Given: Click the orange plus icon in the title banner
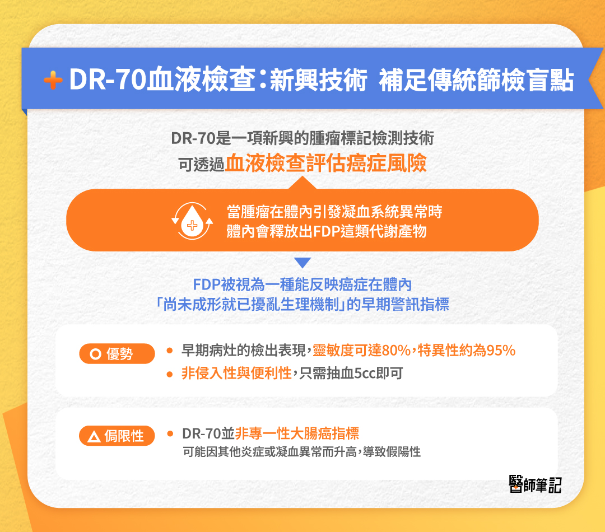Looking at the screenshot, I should [53, 81].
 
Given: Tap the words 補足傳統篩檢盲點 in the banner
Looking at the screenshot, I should [476, 81].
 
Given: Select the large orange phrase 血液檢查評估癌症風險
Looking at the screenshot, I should [326, 162].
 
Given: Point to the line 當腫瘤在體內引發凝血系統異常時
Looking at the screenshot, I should [334, 212].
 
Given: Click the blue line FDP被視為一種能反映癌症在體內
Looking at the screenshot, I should [302, 284].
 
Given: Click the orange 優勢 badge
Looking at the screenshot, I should [117, 353].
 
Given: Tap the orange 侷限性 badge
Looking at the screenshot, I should [117, 435].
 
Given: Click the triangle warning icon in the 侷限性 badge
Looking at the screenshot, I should [94, 436].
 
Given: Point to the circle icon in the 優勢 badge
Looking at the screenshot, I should [95, 354].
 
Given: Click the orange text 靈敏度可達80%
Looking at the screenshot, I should [362, 351].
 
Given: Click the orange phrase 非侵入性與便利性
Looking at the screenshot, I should [236, 374].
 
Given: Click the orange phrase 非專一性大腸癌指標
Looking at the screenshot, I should [297, 433].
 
